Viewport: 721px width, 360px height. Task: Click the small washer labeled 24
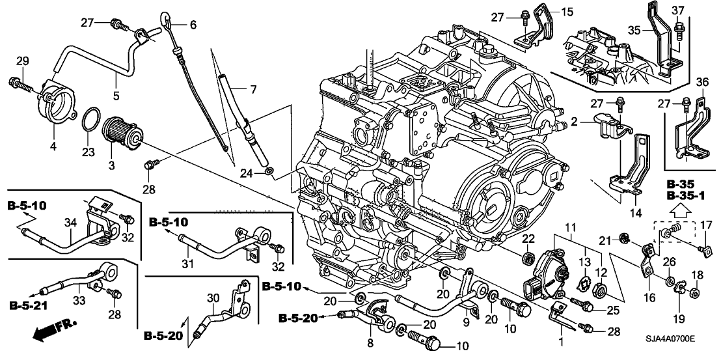[x=268, y=173]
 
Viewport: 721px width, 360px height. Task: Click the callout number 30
[x=213, y=298]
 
